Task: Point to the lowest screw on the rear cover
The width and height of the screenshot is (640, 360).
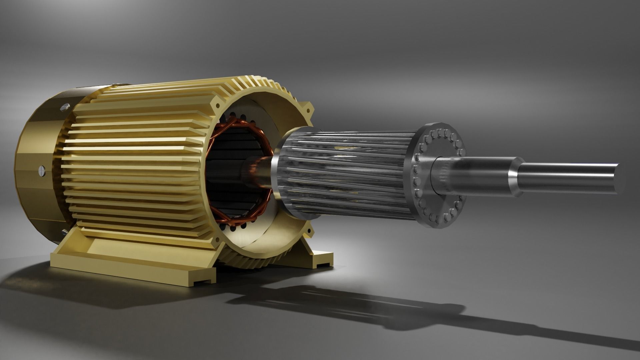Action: click(64, 231)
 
